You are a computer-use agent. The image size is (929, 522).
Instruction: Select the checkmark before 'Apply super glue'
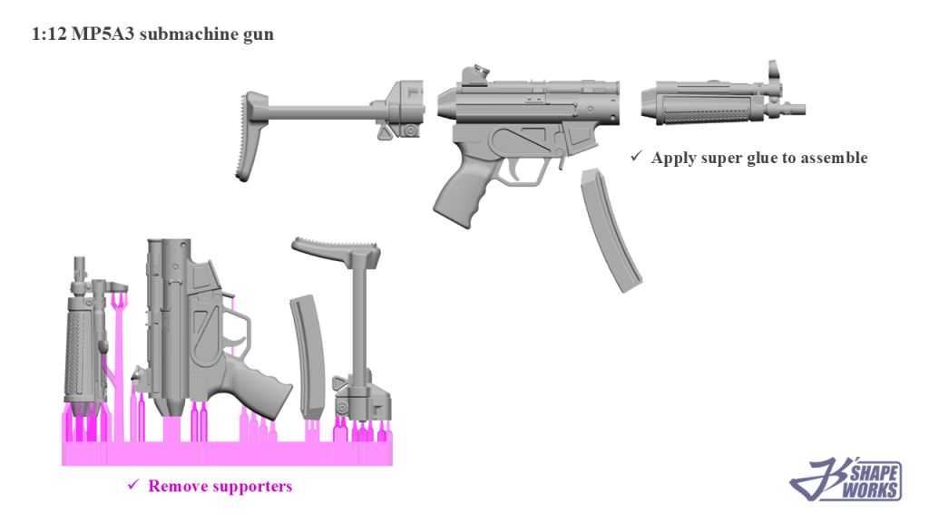[637, 157]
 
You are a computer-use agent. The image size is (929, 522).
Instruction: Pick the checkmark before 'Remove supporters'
[133, 486]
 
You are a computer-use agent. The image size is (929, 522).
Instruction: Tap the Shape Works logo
[846, 478]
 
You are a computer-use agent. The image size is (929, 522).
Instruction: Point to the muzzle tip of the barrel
[797, 111]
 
